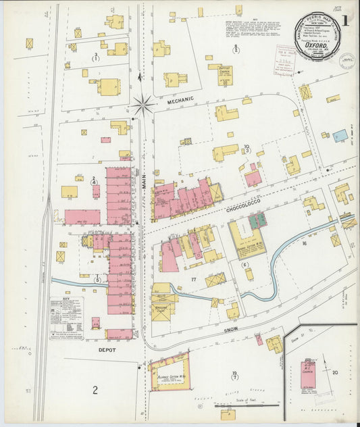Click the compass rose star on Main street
pos(143,105)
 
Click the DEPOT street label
pos(107,350)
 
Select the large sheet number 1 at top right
pos(345,21)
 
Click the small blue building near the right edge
pos(341,136)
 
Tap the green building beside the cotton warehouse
pos(257,220)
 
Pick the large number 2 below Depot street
pos(95,390)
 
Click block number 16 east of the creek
pos(304,243)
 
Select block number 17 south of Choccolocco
pos(193,279)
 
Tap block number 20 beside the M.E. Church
pos(334,372)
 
